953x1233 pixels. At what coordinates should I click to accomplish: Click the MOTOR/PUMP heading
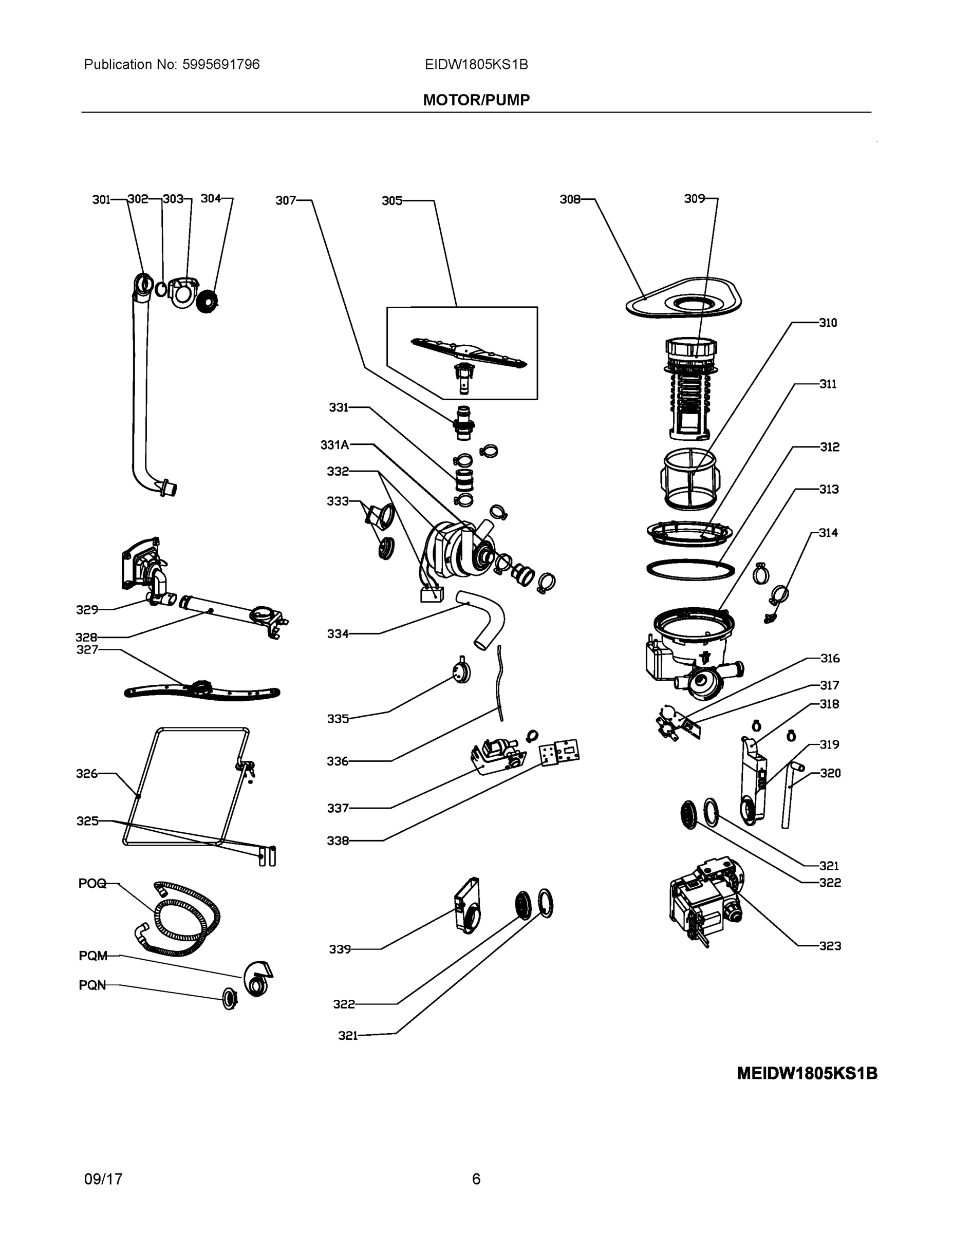click(x=476, y=100)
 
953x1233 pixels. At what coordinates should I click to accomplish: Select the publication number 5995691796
click(x=220, y=64)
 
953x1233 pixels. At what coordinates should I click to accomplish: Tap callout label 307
click(x=285, y=200)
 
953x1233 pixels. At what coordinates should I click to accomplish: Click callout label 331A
click(x=334, y=444)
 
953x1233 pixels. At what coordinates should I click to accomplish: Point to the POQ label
click(x=92, y=884)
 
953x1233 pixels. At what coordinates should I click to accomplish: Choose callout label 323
click(x=829, y=946)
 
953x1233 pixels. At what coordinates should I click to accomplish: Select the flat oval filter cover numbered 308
click(x=683, y=299)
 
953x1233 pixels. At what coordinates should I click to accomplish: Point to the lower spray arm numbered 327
click(x=201, y=692)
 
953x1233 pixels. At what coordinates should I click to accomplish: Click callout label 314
click(x=828, y=532)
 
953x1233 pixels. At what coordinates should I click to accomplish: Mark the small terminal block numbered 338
click(x=559, y=753)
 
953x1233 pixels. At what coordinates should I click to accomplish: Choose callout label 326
click(x=87, y=773)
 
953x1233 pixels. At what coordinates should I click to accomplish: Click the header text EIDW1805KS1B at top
click(x=476, y=64)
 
